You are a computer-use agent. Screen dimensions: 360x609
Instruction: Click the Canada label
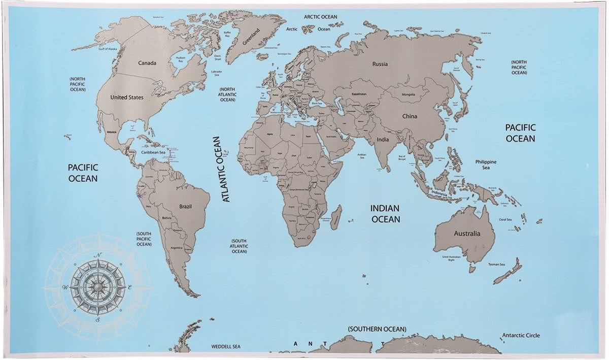[x=147, y=63]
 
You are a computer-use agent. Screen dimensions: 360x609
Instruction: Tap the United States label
[x=127, y=97]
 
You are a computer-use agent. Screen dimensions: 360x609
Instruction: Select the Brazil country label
[x=185, y=206]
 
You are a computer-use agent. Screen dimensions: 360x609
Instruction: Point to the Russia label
[x=380, y=64]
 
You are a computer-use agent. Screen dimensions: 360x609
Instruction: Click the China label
[x=410, y=116]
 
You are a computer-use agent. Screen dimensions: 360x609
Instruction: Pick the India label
[x=383, y=139]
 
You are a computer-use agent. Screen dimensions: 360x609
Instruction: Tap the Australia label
[x=467, y=234]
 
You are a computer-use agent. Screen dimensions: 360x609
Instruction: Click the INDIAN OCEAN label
[x=385, y=214]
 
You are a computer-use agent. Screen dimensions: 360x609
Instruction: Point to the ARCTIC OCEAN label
[x=320, y=17]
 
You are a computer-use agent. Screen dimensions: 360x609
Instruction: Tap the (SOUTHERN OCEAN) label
[x=377, y=329]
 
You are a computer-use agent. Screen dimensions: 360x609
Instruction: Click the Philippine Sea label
[x=486, y=165]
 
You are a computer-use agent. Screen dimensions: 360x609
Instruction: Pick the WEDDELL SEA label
[x=226, y=347]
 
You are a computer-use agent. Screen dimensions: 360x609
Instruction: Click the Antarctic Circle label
[x=521, y=335]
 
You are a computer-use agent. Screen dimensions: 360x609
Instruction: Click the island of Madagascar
[x=336, y=217]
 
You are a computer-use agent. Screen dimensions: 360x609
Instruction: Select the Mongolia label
[x=409, y=95]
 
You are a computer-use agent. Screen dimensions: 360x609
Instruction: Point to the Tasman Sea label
[x=496, y=265]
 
